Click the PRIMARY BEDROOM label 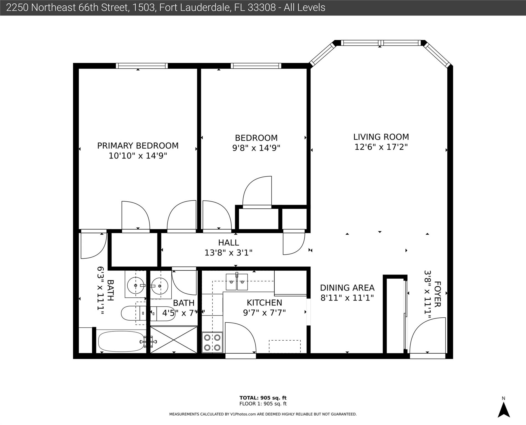coord(138,146)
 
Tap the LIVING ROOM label coord(381,137)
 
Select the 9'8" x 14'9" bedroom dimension coord(256,148)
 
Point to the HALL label coord(228,243)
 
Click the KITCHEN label coord(264,302)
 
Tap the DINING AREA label coord(347,288)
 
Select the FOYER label coord(437,294)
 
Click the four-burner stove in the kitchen coord(212,343)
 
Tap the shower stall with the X coord(174,340)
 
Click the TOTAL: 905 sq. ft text coord(263,398)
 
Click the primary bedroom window coord(142,66)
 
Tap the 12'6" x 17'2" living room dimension coord(381,147)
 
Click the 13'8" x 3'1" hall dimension coord(228,253)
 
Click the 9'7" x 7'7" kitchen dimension coord(264,313)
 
